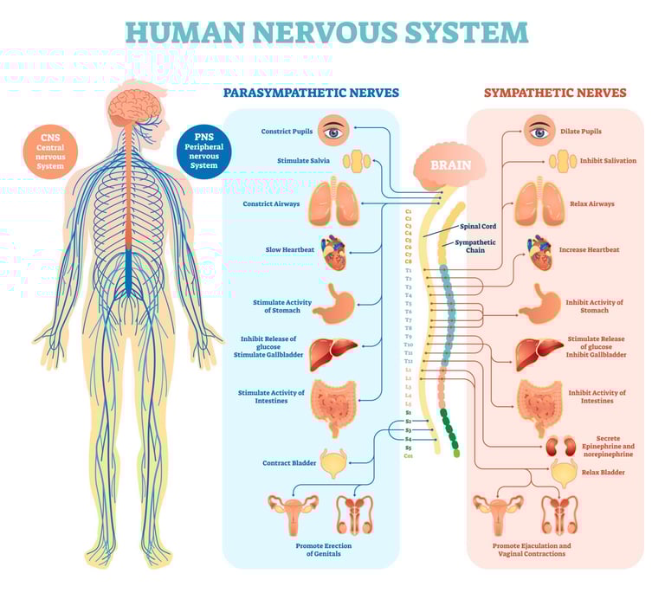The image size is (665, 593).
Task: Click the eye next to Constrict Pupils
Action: coord(333,132)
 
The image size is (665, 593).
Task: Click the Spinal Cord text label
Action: coord(478,226)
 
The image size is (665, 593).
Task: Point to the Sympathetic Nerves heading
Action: coord(555,93)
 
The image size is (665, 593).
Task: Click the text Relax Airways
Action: coord(592,204)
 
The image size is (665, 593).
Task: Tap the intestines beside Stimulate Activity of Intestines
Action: coord(333,404)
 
